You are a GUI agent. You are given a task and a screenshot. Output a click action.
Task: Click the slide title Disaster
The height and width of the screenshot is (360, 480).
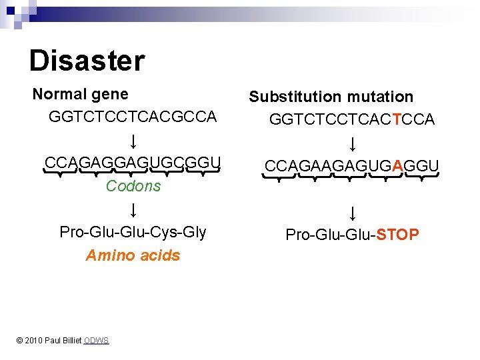tap(87, 61)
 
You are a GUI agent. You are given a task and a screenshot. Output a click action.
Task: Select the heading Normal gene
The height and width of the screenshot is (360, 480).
tap(80, 95)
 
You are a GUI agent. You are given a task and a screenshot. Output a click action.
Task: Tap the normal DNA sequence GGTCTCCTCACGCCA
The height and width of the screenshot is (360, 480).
tap(133, 117)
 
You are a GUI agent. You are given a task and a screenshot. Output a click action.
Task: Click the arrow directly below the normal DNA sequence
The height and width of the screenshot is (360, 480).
tap(133, 141)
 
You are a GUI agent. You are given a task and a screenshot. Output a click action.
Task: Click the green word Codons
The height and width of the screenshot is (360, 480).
tap(133, 186)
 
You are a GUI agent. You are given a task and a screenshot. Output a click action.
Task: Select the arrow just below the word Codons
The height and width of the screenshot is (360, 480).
tap(133, 210)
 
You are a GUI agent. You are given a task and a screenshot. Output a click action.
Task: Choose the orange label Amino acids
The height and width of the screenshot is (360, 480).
tap(133, 255)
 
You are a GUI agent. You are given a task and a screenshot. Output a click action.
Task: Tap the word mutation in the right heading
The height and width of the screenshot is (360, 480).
tap(379, 97)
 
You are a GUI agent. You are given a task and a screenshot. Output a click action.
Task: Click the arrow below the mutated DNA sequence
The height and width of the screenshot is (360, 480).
tap(352, 143)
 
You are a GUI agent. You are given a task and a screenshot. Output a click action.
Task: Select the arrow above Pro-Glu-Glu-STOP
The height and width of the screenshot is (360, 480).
tap(352, 213)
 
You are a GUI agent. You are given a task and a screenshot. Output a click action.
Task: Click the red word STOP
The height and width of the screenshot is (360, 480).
tap(398, 235)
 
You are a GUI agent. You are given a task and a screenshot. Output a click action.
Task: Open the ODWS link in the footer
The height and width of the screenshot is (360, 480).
tap(96, 341)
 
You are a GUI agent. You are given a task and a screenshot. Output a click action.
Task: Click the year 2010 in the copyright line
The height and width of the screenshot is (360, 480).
tap(33, 341)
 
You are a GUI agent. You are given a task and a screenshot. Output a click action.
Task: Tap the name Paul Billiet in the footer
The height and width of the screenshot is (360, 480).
tap(64, 341)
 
